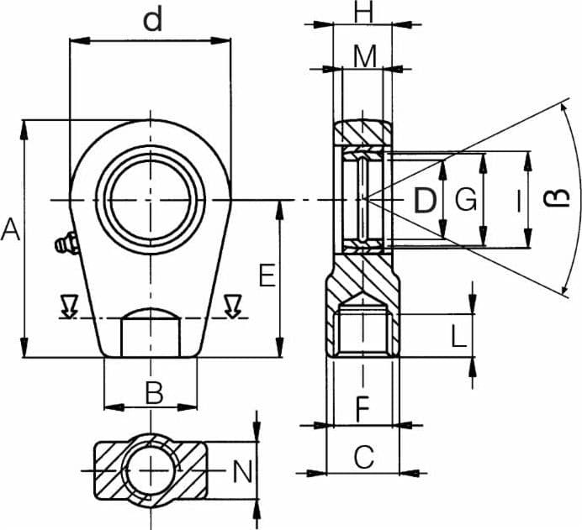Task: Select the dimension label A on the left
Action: [10, 229]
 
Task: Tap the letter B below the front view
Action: [154, 393]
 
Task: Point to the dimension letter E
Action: [267, 275]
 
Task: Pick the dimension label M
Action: [365, 57]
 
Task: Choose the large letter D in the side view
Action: [424, 200]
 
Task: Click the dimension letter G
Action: [465, 199]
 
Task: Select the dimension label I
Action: [519, 200]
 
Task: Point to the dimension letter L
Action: [458, 336]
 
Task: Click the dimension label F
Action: [362, 409]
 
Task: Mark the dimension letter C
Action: [363, 457]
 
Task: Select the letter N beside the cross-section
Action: [242, 471]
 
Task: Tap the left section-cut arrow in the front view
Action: [70, 307]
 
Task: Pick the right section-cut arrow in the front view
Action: [233, 307]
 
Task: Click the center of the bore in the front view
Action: [151, 200]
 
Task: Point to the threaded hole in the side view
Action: [363, 330]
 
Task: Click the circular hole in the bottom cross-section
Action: [151, 470]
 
